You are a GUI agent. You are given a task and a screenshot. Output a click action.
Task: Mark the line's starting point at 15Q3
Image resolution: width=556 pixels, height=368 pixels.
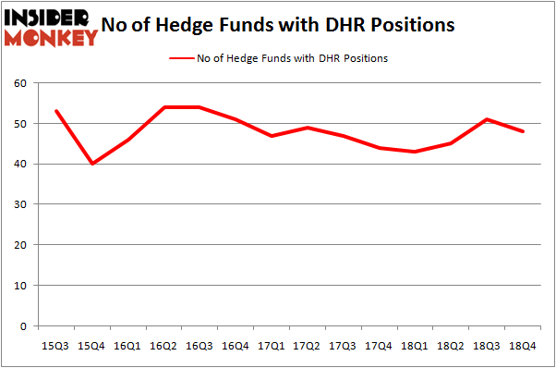click(56, 111)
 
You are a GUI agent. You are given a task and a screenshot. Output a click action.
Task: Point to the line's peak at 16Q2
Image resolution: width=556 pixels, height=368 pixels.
click(164, 107)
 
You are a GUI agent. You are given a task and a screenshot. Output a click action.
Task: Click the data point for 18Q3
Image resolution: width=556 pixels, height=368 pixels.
click(487, 119)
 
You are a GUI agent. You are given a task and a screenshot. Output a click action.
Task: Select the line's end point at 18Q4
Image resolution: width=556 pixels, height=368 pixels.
click(523, 131)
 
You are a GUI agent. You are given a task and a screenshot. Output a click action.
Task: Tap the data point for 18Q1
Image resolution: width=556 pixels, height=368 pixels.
click(415, 152)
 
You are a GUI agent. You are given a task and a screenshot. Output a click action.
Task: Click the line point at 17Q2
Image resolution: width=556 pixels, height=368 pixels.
click(308, 128)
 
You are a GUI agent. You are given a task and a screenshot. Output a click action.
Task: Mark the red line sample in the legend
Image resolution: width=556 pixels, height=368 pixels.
click(179, 58)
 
